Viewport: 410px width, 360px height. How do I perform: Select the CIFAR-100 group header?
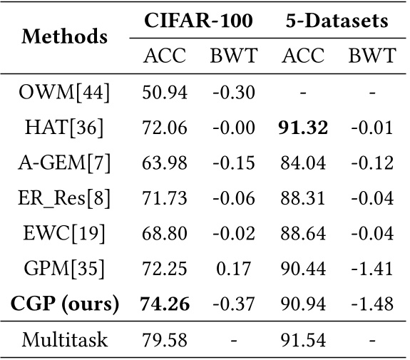198,21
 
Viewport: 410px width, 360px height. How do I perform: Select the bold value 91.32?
302,128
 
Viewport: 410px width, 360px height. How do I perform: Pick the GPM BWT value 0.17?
233,269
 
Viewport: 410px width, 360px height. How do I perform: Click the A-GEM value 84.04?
302,163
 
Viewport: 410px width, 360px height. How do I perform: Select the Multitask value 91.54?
302,340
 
